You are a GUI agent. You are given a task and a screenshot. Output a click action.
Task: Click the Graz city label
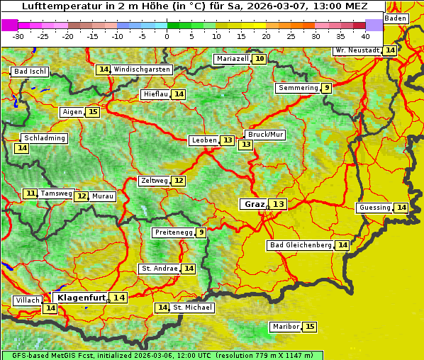coord(253,204)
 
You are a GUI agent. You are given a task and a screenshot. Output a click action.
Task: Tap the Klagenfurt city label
coord(81,298)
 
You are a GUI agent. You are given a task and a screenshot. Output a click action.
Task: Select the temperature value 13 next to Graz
coord(278,204)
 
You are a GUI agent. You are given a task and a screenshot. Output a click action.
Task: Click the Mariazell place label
coord(233,59)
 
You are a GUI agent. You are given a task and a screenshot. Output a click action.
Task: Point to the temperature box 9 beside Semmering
coord(325,88)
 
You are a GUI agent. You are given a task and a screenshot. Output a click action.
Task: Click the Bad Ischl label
coord(30,72)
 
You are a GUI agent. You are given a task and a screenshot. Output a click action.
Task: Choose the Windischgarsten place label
coord(142,69)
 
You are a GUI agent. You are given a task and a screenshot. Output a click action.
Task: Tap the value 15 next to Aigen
coord(93,112)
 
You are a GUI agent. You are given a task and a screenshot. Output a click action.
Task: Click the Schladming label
coord(44,138)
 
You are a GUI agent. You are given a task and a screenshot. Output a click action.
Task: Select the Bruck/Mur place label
coord(264,134)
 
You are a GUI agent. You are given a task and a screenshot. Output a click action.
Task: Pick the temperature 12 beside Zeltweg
coord(179,181)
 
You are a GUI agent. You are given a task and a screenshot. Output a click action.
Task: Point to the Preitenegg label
coord(173,232)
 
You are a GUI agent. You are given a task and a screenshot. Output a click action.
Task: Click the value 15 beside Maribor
coord(310,327)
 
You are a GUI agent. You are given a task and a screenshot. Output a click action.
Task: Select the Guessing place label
coord(374,208)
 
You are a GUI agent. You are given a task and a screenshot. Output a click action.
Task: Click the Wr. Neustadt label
coord(357,50)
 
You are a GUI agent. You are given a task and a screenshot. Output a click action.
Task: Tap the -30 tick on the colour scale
coord(18,35)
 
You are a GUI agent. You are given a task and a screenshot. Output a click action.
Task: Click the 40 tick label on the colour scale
coord(365,35)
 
